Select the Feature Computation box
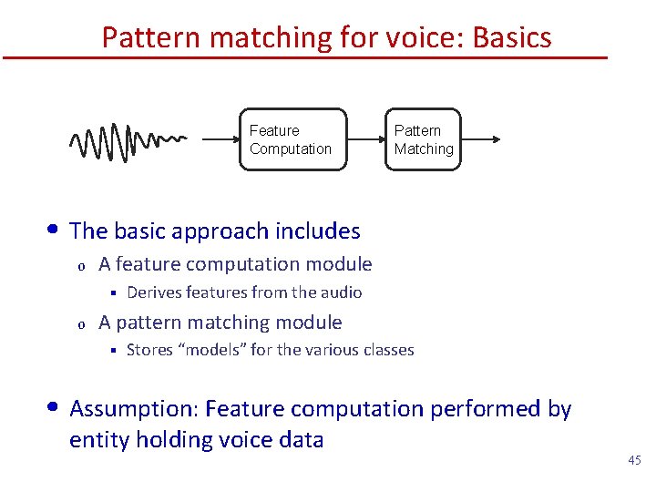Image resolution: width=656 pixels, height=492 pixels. coord(292,139)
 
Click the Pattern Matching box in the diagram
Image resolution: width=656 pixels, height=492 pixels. coord(424,139)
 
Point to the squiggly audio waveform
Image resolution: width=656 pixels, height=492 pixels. coord(127,141)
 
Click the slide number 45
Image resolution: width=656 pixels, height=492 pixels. coord(634,461)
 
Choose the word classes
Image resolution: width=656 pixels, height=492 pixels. coord(386,350)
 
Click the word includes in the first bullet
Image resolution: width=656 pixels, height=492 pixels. coord(316,231)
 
